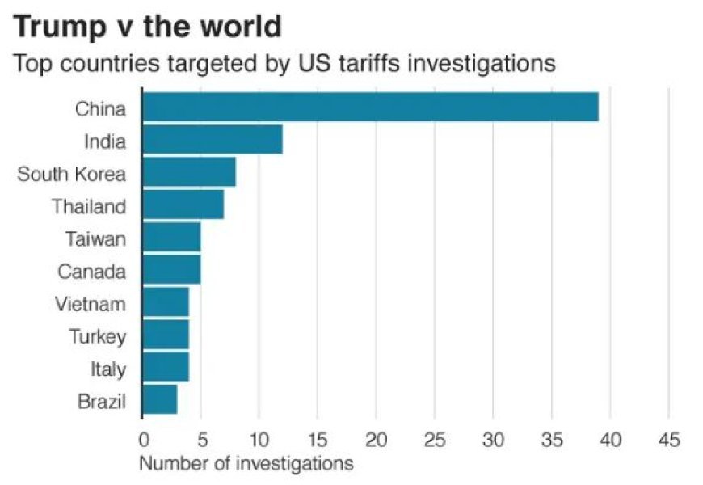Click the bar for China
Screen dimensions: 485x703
point(370,108)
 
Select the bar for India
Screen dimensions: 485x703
point(213,141)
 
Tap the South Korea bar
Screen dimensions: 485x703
point(189,173)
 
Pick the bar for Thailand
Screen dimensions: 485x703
point(183,205)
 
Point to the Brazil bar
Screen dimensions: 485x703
point(160,400)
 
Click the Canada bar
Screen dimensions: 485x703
point(171,270)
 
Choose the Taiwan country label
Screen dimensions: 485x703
point(96,238)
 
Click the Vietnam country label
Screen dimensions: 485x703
point(91,304)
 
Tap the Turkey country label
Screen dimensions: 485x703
point(97,336)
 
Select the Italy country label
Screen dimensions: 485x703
point(107,369)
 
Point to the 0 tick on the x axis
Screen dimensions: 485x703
point(143,440)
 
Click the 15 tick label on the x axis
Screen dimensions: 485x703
point(318,440)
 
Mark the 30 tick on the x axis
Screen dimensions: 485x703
point(493,440)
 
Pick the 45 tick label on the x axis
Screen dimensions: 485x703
point(667,440)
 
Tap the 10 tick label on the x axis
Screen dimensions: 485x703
point(259,440)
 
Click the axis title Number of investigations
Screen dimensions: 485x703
point(246,464)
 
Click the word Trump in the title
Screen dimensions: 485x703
point(61,27)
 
